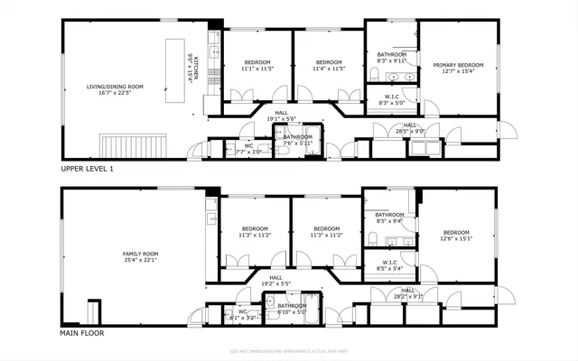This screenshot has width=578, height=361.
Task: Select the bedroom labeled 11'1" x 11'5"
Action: [x=256, y=65]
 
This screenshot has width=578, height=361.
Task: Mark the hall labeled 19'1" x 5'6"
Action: [x=281, y=116]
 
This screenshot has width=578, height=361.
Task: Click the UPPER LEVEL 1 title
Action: [x=88, y=169]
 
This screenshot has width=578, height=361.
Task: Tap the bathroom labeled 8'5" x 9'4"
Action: [x=389, y=218]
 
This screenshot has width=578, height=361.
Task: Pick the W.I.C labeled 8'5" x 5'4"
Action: [x=390, y=265]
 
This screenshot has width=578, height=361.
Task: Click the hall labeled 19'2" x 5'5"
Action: [x=275, y=281]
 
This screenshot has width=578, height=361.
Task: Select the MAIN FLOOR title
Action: [x=82, y=333]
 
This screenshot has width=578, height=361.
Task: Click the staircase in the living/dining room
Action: [x=135, y=144]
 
